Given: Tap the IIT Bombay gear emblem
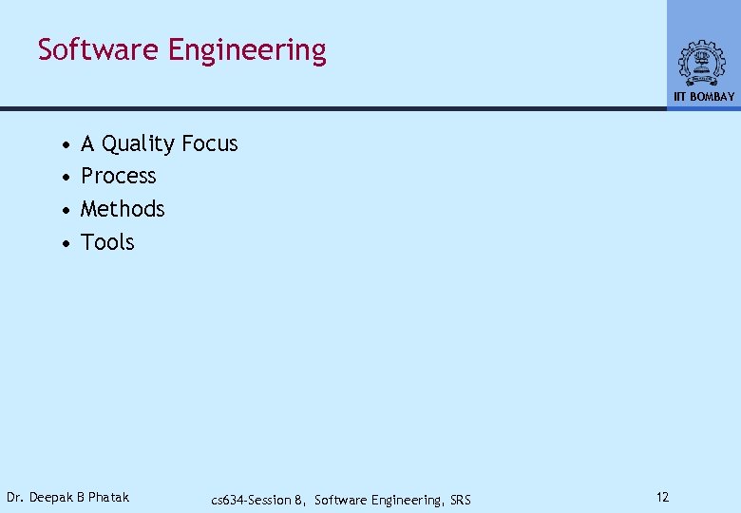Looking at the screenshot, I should coord(701,63).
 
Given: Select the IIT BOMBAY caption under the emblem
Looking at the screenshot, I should coord(704,97).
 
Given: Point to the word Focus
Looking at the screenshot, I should coord(209,143).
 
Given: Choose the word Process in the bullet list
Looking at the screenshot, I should coord(119,176).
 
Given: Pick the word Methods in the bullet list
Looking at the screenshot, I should coord(123,208).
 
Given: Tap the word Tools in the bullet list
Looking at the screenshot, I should coord(107,241).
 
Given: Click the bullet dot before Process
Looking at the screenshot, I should coord(64,178).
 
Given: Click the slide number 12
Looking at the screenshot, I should coord(662,497).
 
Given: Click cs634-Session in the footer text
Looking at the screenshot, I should coord(251,500).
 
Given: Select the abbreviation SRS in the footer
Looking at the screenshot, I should coord(459,500).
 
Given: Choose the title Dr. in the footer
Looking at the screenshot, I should coord(15,497).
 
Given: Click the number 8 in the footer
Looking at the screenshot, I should coord(298,500).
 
